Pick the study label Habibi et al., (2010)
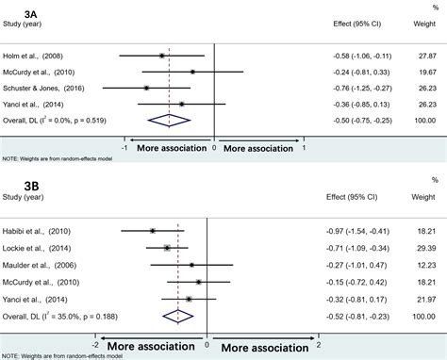39,230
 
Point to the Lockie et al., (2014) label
39,248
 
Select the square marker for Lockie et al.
167,248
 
